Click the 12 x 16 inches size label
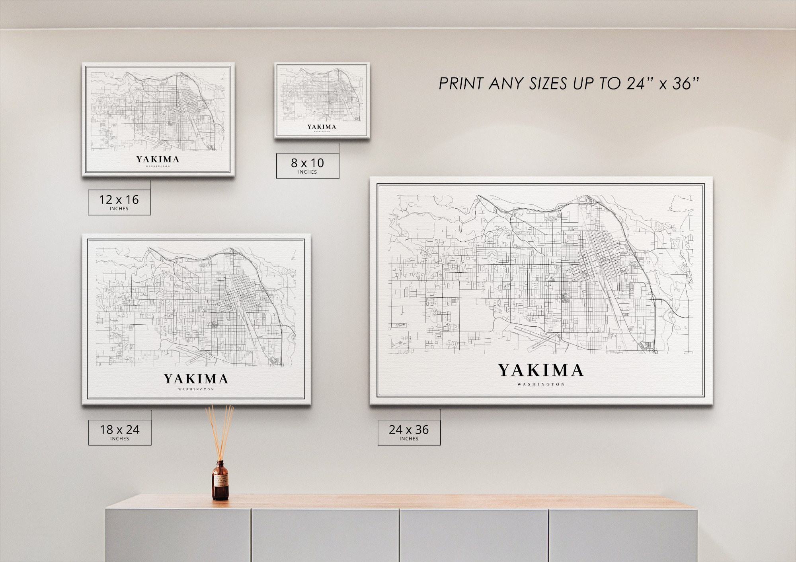click(119, 202)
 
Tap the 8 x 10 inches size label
click(307, 165)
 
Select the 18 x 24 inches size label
click(119, 432)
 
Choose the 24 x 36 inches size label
click(409, 432)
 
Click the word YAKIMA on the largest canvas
click(541, 370)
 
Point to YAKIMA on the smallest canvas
click(322, 127)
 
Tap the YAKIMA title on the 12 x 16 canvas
click(158, 159)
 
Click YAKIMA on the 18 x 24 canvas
click(196, 379)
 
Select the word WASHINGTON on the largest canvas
click(541, 384)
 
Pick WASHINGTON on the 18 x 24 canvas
click(196, 390)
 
